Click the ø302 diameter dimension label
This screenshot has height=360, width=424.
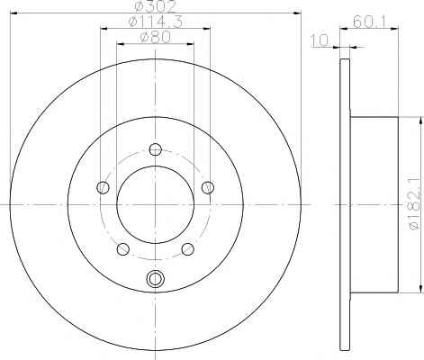(x=155, y=6)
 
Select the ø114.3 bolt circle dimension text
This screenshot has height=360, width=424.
(x=155, y=22)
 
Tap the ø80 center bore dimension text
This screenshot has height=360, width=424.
(x=155, y=37)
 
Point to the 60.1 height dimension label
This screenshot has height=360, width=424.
(x=370, y=22)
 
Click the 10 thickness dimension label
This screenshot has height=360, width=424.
(x=320, y=40)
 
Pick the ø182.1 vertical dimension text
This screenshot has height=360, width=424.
(x=414, y=204)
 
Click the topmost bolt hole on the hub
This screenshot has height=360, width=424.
(x=156, y=149)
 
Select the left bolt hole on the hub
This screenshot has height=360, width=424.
(x=103, y=187)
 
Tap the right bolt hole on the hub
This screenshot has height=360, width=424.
(x=208, y=187)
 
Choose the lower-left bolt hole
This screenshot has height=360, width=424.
(x=122, y=249)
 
